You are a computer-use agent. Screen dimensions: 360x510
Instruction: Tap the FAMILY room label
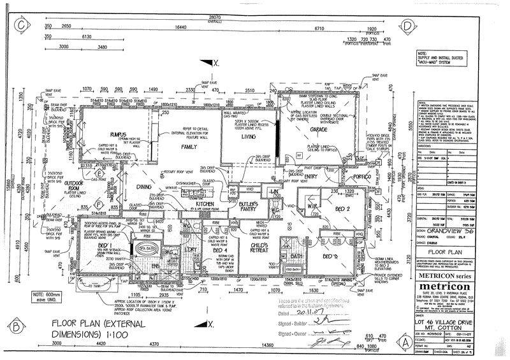coord(189,147)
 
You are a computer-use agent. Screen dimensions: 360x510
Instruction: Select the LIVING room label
coord(248,137)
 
